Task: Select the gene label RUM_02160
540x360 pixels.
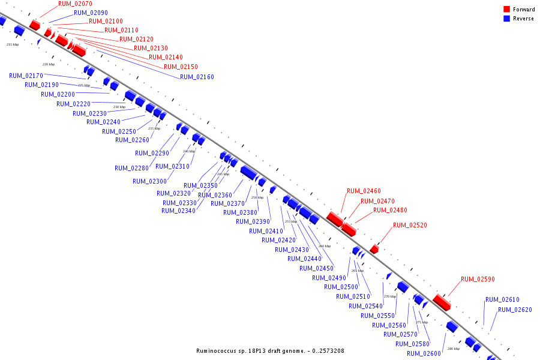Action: point(197,77)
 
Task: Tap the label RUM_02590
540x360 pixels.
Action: point(478,279)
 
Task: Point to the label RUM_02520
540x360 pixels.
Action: point(410,225)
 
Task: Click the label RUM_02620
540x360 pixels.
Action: point(515,310)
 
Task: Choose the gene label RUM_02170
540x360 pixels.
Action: point(26,76)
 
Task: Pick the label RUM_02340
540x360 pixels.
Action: point(178,211)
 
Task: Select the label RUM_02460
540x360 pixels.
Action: point(364,191)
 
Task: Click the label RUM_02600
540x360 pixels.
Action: point(424,353)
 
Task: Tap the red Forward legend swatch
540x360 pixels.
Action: point(506,9)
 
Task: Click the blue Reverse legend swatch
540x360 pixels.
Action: point(506,19)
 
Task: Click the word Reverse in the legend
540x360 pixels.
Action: point(523,19)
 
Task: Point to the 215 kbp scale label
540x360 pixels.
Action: point(13,44)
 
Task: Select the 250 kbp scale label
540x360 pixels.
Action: point(257,197)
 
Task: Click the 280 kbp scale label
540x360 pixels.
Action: point(454,349)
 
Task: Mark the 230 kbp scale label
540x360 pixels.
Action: point(119,107)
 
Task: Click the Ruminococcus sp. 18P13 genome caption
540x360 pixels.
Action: point(270,350)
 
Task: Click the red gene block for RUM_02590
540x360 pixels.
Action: point(442,302)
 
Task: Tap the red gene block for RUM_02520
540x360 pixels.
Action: point(374,248)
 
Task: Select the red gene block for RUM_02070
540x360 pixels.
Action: point(35,25)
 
